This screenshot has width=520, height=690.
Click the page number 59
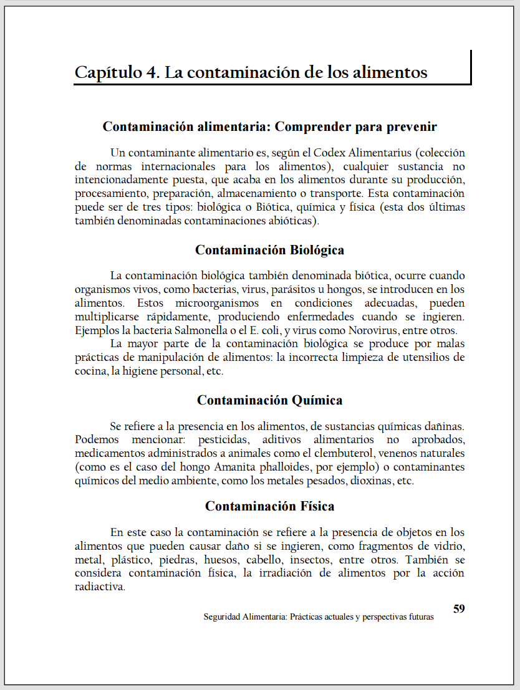pyautogui.click(x=458, y=609)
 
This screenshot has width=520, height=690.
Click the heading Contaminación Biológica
pyautogui.click(x=269, y=250)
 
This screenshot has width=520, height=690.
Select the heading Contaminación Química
pyautogui.click(x=269, y=400)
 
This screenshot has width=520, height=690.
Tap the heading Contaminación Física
pyautogui.click(x=269, y=506)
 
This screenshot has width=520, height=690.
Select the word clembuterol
pyautogui.click(x=334, y=453)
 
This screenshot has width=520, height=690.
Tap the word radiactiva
pyautogui.click(x=100, y=587)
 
